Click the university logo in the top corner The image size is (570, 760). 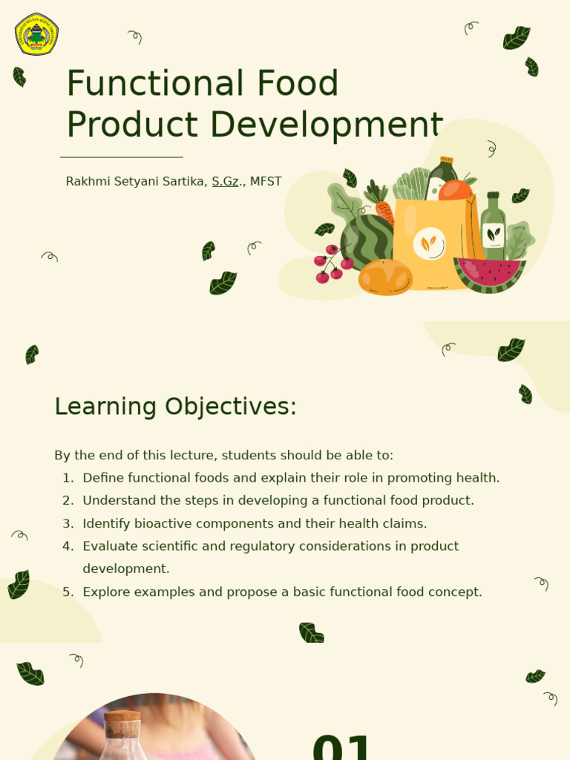coord(36,34)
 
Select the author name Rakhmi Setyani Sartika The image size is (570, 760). coord(136,182)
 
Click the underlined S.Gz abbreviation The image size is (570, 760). coord(225,182)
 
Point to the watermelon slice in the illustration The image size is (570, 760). coord(489,274)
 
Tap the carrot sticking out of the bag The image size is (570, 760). coord(384,211)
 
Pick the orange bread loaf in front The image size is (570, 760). coord(385,278)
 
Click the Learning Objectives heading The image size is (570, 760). coord(175,407)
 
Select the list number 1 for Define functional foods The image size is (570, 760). coord(68,478)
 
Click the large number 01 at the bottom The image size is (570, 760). coord(342,747)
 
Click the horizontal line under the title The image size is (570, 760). coord(121,157)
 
